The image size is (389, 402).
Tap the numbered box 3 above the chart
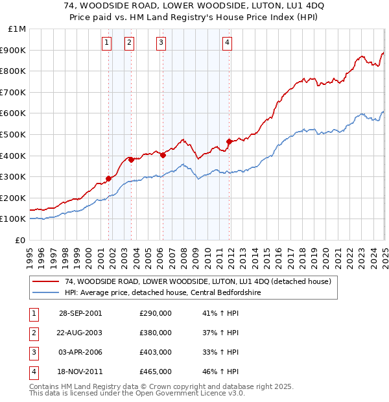coord(160,43)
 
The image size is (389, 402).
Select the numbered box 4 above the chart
coord(227,43)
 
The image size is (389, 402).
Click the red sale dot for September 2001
coord(109,178)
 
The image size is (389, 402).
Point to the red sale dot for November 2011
coord(229,141)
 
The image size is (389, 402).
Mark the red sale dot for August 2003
coord(131,160)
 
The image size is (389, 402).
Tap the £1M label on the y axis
coord(18,29)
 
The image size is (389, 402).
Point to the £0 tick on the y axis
coord(20,240)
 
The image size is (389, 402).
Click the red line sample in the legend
coord(46,281)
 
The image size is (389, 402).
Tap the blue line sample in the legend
coord(46,292)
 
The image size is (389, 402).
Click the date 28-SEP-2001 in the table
coord(80,313)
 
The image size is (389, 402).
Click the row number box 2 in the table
coord(32,333)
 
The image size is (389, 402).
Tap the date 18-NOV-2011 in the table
coord(80,372)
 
